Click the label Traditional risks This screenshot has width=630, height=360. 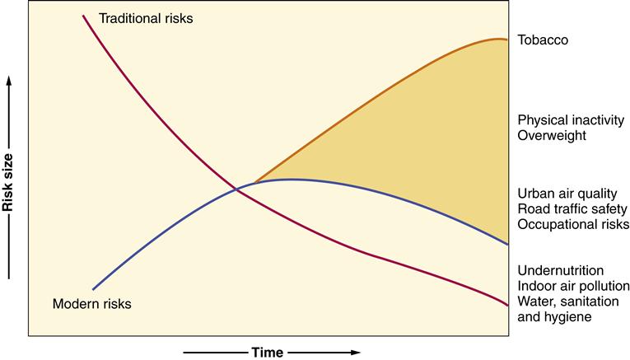[x=145, y=17]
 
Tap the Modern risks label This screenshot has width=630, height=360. [x=91, y=304]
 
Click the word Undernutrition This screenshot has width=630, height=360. [x=561, y=270]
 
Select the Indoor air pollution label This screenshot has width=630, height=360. [x=574, y=286]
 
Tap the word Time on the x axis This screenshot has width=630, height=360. [x=268, y=352]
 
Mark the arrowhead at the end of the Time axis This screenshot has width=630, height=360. [x=356, y=352]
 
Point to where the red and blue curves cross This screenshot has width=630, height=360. [x=238, y=190]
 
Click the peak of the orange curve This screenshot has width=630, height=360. [x=502, y=39]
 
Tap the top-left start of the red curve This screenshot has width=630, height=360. [x=83, y=15]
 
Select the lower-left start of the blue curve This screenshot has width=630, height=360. [x=94, y=289]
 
